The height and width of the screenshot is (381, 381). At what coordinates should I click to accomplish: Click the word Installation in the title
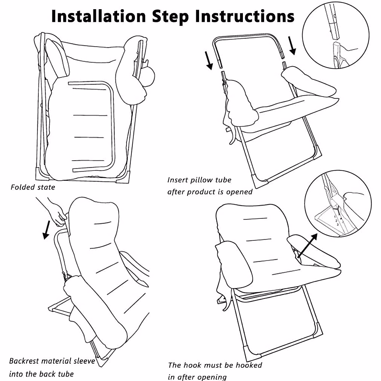click(99, 16)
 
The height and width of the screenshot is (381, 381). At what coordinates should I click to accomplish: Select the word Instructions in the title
click(245, 16)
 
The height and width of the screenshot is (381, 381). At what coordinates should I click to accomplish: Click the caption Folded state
click(33, 187)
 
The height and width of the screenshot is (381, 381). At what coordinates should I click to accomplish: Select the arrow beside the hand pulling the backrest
click(46, 230)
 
